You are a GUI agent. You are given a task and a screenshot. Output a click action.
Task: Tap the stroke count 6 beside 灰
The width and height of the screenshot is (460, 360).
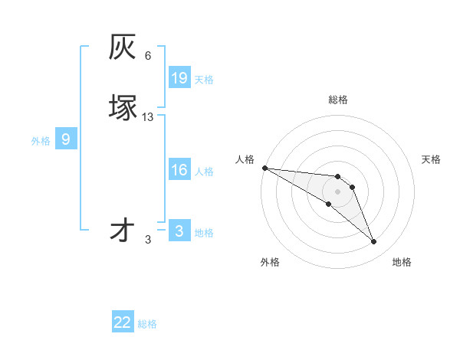(148, 56)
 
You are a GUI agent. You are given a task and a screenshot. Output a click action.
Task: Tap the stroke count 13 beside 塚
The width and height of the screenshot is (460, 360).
(148, 117)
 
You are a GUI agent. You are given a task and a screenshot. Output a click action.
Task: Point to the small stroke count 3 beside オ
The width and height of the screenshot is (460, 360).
(148, 240)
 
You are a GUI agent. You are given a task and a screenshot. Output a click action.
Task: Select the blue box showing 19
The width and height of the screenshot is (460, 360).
(179, 78)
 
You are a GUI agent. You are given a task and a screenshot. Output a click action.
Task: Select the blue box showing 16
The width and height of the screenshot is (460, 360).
(179, 170)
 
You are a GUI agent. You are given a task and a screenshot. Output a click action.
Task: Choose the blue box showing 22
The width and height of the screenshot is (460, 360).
(123, 323)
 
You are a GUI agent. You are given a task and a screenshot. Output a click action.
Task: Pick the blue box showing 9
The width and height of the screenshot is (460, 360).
(66, 139)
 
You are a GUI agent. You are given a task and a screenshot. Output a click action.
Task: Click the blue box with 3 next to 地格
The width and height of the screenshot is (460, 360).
(179, 231)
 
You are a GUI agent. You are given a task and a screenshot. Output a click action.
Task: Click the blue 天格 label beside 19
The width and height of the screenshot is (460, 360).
(204, 80)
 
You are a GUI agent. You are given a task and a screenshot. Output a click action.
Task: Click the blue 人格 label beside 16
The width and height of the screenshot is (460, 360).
(204, 172)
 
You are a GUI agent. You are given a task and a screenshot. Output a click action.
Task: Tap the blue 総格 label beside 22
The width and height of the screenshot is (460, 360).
(147, 324)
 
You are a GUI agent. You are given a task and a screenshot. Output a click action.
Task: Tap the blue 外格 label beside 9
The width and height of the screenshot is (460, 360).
(41, 141)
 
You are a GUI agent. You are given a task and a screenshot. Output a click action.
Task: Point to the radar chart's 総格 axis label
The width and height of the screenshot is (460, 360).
(338, 100)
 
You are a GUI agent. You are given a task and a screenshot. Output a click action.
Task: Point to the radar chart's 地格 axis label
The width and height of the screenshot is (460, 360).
(402, 262)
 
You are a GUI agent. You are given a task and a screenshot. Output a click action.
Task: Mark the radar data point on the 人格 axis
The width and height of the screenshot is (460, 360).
(264, 168)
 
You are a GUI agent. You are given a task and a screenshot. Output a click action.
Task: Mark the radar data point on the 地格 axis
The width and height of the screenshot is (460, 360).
(374, 242)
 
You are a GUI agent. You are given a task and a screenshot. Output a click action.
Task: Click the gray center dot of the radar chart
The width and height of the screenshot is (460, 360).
(338, 191)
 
